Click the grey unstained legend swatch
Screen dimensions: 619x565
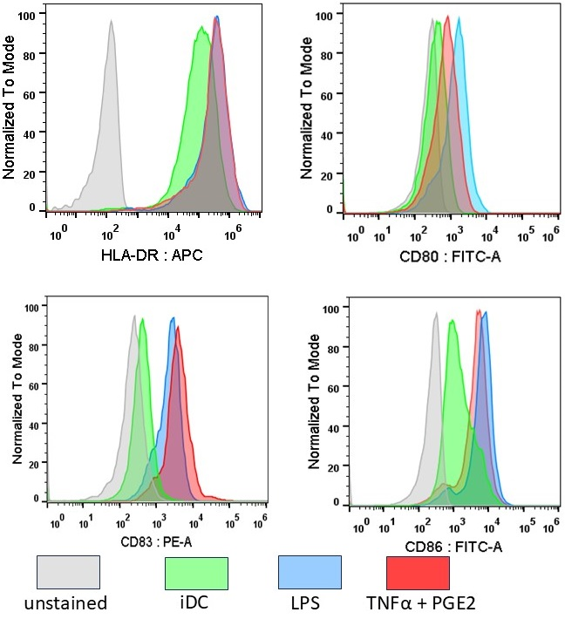click(x=68, y=573)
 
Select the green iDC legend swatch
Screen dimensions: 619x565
click(x=196, y=573)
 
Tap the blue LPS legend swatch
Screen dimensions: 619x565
click(x=310, y=573)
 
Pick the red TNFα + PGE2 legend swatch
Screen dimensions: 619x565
click(x=418, y=573)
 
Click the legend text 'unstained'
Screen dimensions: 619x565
click(x=67, y=603)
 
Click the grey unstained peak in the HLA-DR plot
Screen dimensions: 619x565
click(x=111, y=24)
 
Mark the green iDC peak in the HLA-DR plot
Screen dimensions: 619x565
click(x=201, y=28)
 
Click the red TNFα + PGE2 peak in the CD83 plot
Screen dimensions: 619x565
click(x=178, y=330)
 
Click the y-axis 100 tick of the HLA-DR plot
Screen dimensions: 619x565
click(x=30, y=15)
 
